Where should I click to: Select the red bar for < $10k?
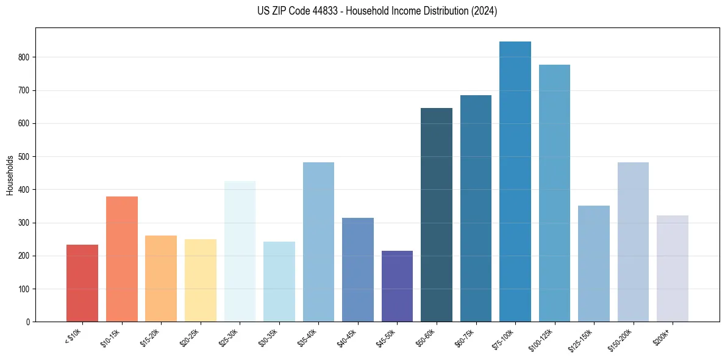(82, 283)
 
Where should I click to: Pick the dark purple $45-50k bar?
(397, 286)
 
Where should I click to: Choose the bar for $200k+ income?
(672, 268)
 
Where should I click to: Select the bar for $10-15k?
(121, 259)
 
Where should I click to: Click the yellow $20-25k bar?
(201, 280)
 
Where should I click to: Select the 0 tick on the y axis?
(28, 322)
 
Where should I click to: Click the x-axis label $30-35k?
(268, 337)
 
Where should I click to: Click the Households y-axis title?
(10, 175)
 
